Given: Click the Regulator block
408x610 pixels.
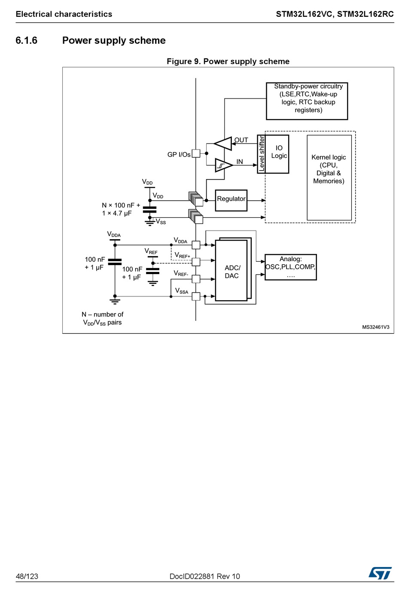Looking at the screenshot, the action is pyautogui.click(x=231, y=201).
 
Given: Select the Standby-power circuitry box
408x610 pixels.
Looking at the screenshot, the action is pyautogui.click(x=307, y=101).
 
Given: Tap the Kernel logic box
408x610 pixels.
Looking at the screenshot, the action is pyautogui.click(x=329, y=177).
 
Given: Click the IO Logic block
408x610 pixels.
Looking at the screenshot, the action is pyautogui.click(x=277, y=154).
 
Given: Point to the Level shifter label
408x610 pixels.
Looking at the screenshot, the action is pyautogui.click(x=261, y=154).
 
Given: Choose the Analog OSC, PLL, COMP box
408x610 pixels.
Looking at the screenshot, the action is pyautogui.click(x=291, y=267).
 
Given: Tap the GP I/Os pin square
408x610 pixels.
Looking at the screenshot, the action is pyautogui.click(x=196, y=154).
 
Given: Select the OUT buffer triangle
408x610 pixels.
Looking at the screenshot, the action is pyautogui.click(x=223, y=143).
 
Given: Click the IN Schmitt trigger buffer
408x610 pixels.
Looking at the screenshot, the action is pyautogui.click(x=223, y=165).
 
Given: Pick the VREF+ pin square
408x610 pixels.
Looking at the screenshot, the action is pyautogui.click(x=196, y=262).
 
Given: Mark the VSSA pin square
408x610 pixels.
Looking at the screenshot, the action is pyautogui.click(x=196, y=296).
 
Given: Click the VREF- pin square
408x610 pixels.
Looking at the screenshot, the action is pyautogui.click(x=196, y=279).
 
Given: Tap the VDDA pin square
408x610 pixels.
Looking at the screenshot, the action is pyautogui.click(x=196, y=245).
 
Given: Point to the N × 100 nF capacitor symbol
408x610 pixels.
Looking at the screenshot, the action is pyautogui.click(x=150, y=209).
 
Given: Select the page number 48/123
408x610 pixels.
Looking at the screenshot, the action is pyautogui.click(x=27, y=576).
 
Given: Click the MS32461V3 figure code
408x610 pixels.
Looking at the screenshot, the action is pyautogui.click(x=376, y=327).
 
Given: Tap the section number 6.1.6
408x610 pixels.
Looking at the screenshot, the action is pyautogui.click(x=26, y=40).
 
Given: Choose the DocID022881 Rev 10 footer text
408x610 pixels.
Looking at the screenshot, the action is pyautogui.click(x=205, y=576).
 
